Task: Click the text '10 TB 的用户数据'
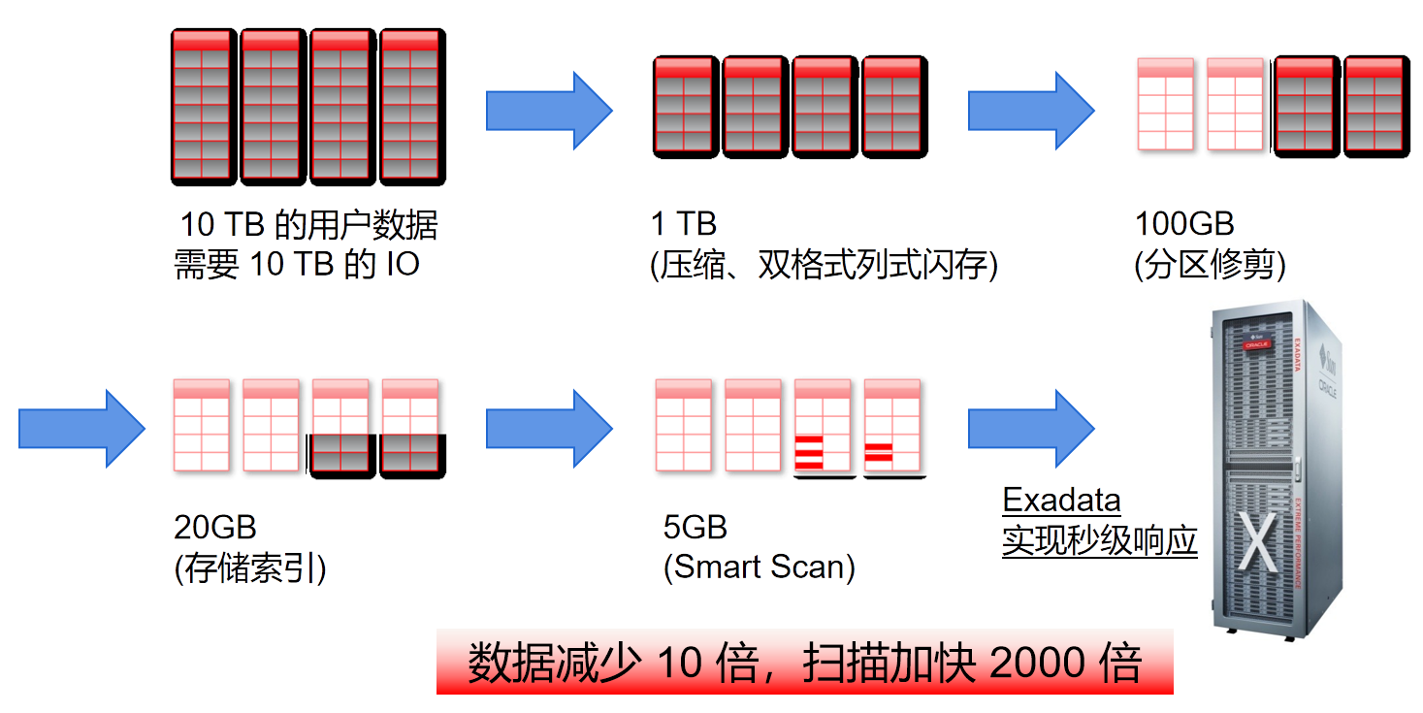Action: (308, 225)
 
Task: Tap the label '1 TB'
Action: (684, 225)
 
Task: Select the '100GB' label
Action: (1183, 225)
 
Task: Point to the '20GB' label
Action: (214, 528)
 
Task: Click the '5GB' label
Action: (695, 528)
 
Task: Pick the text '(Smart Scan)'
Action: (759, 567)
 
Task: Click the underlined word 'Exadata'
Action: (1061, 502)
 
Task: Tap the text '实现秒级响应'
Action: (1100, 541)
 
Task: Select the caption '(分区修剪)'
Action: (1210, 265)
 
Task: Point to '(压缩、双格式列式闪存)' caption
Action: (824, 265)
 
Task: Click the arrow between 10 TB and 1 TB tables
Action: (548, 110)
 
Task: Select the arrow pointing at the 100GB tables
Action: (1030, 110)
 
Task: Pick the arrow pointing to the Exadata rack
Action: (1030, 428)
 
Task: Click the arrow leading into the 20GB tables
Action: (81, 428)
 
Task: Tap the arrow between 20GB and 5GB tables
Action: (548, 428)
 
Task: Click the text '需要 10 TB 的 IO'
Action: (297, 265)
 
